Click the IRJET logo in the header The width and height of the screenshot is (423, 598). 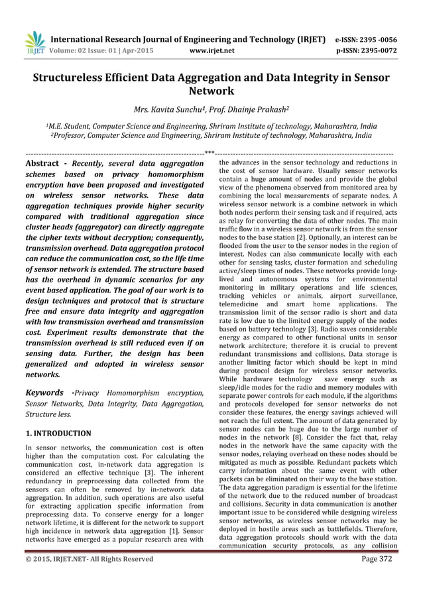pos(34,41)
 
